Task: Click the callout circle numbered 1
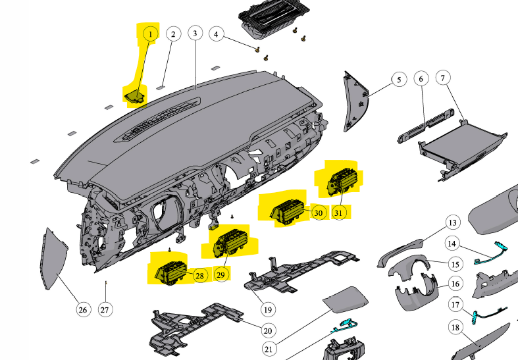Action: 149,33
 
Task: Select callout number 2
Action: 173,34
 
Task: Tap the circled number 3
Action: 195,33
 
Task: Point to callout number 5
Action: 398,80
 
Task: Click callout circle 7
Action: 443,79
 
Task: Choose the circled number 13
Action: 452,222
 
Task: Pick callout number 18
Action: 455,327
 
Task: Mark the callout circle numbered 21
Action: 269,347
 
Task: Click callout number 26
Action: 83,309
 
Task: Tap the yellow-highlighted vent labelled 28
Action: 169,269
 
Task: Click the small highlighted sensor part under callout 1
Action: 135,95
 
